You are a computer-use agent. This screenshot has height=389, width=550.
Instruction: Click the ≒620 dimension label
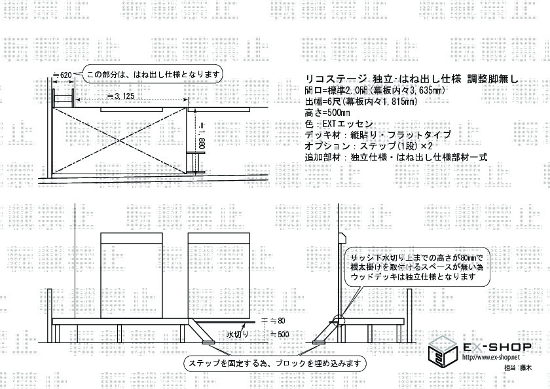(x=62, y=75)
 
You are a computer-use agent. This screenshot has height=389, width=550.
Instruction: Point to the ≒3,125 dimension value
(x=120, y=96)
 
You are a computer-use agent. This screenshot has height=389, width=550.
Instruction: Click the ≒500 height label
(x=280, y=334)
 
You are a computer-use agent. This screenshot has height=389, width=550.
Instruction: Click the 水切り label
(x=237, y=334)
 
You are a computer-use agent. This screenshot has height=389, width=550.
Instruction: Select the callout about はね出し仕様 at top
(x=154, y=74)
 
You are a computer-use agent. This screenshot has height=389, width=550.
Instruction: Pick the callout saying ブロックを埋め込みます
(x=274, y=363)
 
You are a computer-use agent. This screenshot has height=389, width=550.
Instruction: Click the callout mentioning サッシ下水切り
(x=417, y=267)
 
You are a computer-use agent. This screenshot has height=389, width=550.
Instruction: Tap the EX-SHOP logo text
(x=498, y=347)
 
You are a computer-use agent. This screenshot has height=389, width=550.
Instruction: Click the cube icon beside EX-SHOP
(x=443, y=352)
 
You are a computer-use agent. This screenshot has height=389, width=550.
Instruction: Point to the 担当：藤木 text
(x=518, y=367)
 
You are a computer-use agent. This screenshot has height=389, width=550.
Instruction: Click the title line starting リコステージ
(x=411, y=79)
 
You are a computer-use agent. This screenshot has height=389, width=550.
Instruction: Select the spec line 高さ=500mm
(x=327, y=113)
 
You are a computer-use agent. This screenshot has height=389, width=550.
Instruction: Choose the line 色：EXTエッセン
(x=339, y=124)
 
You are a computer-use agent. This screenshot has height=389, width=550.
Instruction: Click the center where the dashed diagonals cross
(x=120, y=141)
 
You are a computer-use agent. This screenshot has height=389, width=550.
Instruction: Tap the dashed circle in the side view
(x=339, y=321)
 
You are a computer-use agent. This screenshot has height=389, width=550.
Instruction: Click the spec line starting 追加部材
(x=396, y=157)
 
